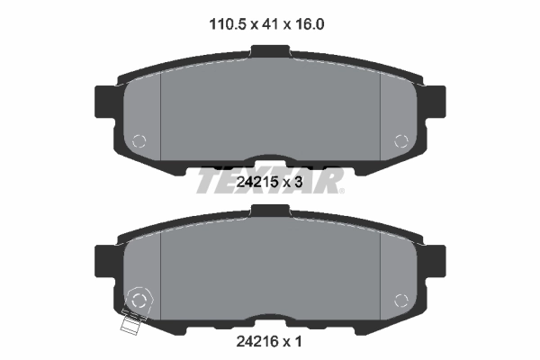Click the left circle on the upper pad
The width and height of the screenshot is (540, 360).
tap(139, 140)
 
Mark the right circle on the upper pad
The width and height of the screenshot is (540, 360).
tap(402, 140)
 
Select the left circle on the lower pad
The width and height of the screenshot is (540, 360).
tap(139, 300)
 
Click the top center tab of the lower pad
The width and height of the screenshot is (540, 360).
tap(269, 211)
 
